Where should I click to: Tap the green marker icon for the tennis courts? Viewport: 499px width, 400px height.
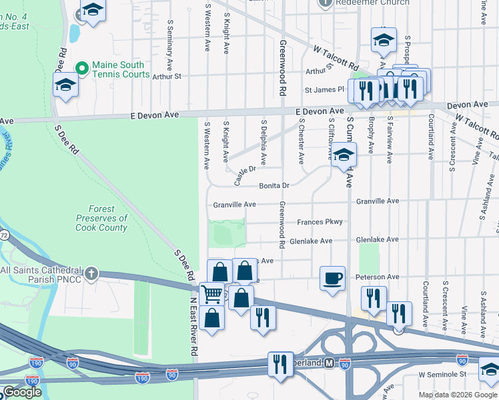point(82,69)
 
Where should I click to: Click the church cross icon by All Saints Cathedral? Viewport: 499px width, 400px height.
point(91,273)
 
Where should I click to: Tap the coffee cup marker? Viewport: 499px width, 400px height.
point(332,277)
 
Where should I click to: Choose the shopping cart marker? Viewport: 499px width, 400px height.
point(211,293)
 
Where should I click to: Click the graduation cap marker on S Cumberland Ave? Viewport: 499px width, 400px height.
point(344,155)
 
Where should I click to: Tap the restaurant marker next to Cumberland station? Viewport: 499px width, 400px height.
point(280,364)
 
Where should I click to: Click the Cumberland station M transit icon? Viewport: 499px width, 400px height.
point(328,363)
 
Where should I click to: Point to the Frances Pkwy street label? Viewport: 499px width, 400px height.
point(320,222)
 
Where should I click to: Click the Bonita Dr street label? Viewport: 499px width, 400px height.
point(274,185)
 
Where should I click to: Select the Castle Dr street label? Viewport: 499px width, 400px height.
point(245,175)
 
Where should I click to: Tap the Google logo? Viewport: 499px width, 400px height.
point(23,392)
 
